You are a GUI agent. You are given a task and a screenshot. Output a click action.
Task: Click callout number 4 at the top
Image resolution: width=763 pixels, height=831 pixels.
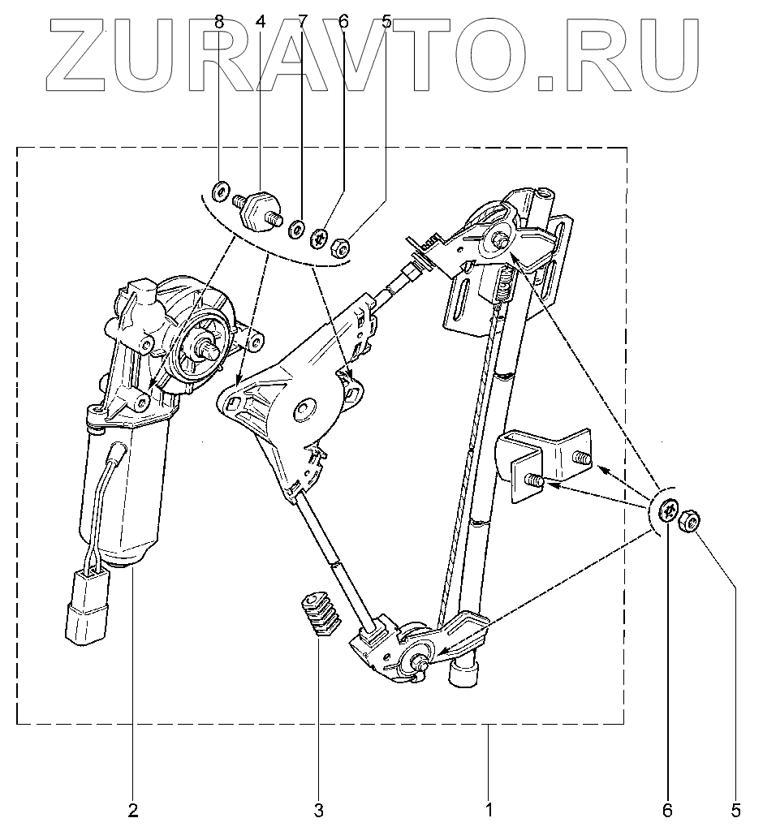[x=261, y=22]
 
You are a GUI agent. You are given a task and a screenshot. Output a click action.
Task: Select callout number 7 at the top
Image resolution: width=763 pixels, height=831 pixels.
[x=302, y=22]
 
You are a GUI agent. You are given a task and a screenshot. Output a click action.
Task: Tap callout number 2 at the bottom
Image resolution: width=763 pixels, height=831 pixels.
[x=133, y=809]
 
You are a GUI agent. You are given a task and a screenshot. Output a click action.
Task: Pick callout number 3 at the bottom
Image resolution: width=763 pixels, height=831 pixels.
[x=318, y=809]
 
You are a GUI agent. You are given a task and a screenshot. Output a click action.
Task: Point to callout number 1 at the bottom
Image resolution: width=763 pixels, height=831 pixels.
[x=489, y=809]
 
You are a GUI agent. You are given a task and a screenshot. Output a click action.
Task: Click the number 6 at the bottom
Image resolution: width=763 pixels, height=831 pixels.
[x=669, y=809]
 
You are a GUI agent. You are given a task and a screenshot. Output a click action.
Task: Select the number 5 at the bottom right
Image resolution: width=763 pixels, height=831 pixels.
[x=737, y=809]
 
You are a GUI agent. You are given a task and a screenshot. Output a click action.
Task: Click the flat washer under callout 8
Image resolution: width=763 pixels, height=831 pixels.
[x=220, y=193]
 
